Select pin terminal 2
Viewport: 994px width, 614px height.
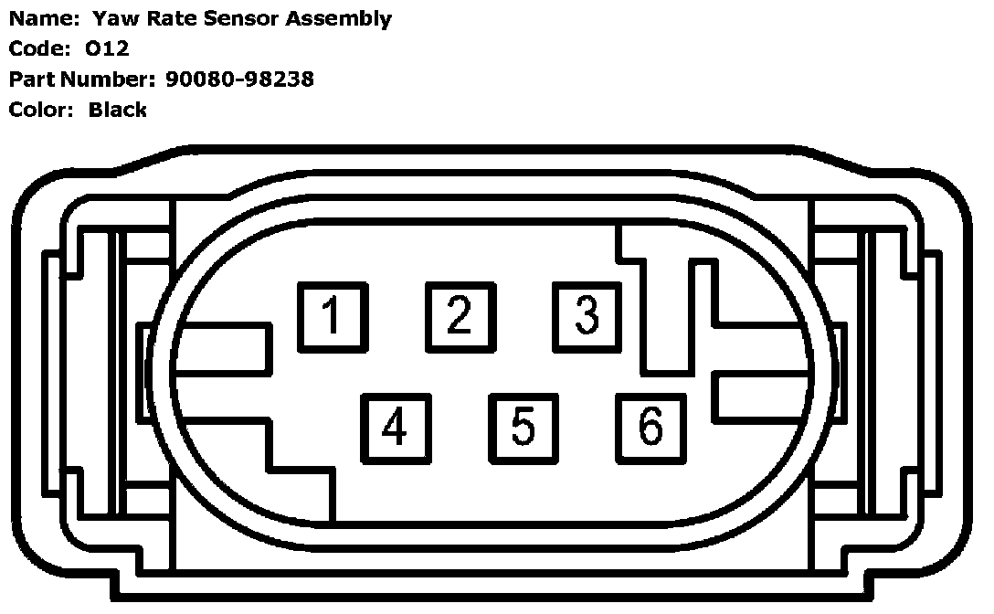click(460, 315)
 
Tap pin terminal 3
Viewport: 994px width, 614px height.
click(587, 315)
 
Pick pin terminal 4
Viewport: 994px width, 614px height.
click(395, 427)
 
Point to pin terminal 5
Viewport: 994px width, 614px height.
click(523, 427)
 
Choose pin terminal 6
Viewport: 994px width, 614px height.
click(650, 427)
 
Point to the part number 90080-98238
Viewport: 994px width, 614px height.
click(240, 79)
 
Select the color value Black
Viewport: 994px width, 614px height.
click(118, 110)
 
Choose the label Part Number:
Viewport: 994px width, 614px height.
click(83, 79)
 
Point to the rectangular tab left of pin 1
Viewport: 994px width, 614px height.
click(224, 349)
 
